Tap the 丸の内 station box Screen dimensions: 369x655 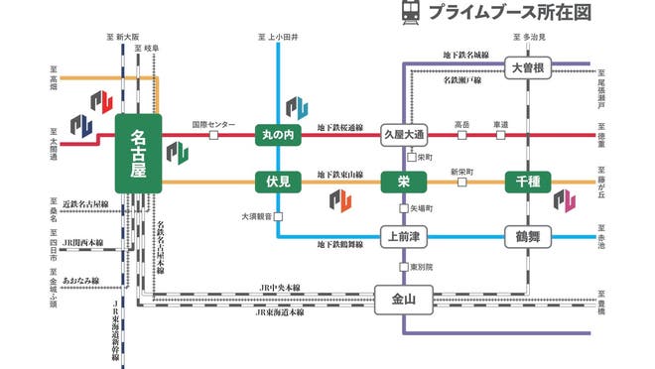tap(278, 134)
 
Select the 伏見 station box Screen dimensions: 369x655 tap(278, 182)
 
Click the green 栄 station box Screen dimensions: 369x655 tap(403, 182)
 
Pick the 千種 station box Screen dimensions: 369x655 tap(527, 182)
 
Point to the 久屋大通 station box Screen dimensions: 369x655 tap(404, 134)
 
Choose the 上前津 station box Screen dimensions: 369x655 tap(404, 236)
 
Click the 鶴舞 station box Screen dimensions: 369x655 tap(527, 236)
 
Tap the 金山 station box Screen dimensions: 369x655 tap(404, 297)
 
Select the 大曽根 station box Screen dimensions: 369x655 tap(527, 67)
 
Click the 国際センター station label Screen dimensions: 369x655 tap(213, 125)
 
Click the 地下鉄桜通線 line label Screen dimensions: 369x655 tap(340, 128)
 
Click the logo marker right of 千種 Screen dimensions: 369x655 tap(564, 201)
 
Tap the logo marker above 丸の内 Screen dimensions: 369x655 tap(297, 106)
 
